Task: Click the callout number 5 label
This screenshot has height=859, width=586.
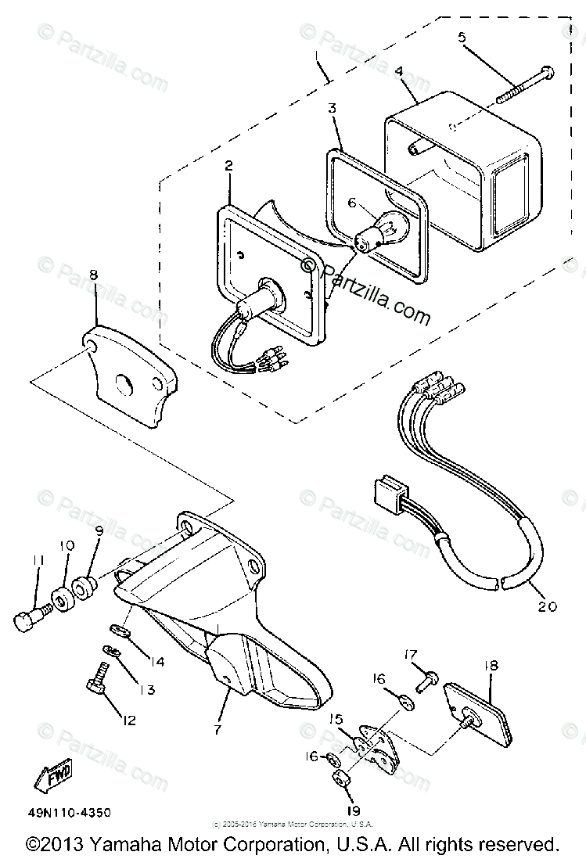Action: click(462, 36)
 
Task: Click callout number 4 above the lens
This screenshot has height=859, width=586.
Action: click(398, 70)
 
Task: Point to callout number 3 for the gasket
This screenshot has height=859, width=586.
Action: click(333, 109)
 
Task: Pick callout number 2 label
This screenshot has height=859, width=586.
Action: click(228, 166)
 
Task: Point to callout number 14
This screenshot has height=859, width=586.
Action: click(157, 662)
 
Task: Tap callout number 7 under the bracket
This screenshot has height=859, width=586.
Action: click(217, 729)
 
